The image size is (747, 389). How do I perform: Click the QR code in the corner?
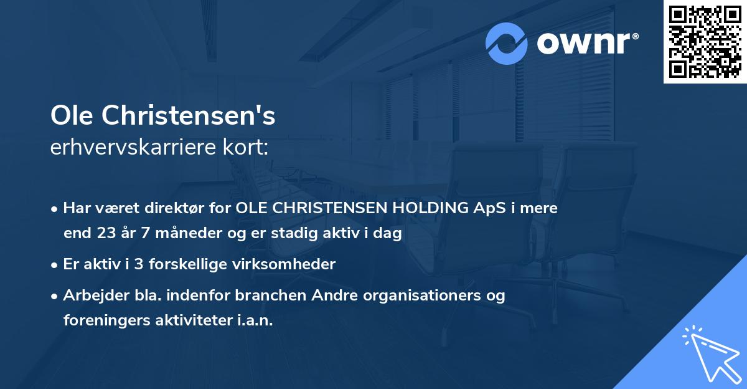coord(705,42)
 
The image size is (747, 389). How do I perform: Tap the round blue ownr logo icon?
coord(507,44)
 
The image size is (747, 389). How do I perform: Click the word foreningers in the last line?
coord(103,320)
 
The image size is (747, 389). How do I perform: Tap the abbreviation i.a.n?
coord(254,320)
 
